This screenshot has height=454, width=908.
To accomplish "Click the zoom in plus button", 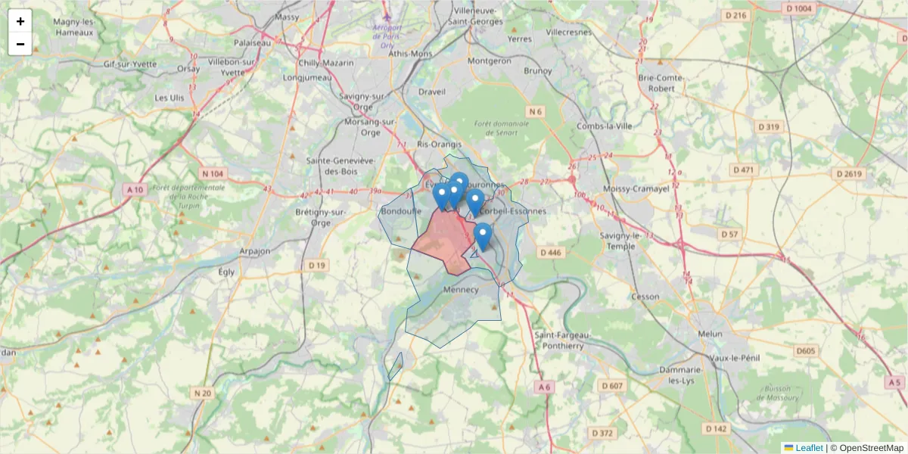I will coord(20,21).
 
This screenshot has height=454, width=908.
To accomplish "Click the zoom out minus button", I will coord(20,44).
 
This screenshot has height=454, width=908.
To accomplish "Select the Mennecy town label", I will coord(461,290).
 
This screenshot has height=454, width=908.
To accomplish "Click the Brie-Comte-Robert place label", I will coord(661,82).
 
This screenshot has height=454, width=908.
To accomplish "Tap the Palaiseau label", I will coord(252,43).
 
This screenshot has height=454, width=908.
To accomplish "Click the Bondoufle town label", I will coord(401,211).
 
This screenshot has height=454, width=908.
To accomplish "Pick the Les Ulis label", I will coord(169,98).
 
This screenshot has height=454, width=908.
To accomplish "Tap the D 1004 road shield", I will coord(798,8).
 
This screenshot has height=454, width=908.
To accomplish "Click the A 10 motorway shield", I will coord(135,189).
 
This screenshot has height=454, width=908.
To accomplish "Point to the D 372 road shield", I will coord(602,433).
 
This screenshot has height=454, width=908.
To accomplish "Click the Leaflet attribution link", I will coord(808,448).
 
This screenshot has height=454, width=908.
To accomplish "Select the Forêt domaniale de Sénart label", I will coord(495,127).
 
